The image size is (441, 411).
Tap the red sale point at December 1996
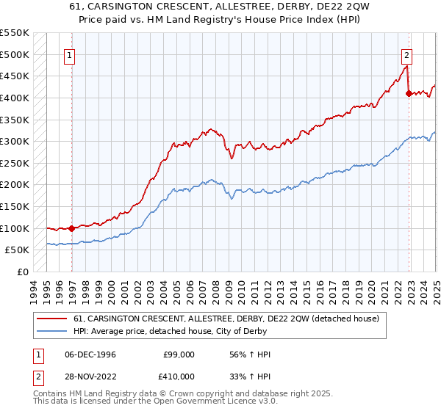tap(71, 228)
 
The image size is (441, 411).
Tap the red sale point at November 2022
tap(409, 93)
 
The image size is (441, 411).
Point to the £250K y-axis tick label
tap(16, 163)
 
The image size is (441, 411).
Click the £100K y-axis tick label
tap(16, 228)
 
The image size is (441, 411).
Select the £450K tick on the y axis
tap(16, 76)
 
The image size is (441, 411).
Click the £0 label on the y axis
tap(22, 272)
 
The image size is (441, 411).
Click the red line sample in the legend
tap(52, 319)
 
